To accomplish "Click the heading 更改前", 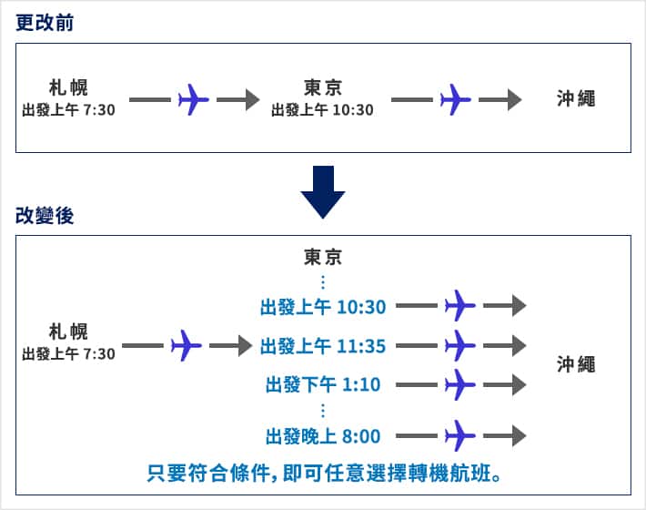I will [45, 24].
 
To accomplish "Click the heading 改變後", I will [45, 216].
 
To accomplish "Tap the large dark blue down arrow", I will [323, 191].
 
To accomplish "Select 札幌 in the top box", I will [69, 88].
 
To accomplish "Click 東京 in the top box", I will [322, 87].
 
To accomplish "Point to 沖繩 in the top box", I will [576, 98].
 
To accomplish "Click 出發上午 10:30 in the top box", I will [322, 110].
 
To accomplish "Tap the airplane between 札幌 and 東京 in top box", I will [194, 98].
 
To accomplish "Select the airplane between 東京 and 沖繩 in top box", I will [455, 98].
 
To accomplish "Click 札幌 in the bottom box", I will [69, 331].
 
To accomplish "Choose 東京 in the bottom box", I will [323, 256].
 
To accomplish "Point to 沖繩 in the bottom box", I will [576, 364].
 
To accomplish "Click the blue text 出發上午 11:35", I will [323, 345].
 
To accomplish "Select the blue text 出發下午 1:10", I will [323, 384].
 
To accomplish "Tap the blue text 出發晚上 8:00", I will [323, 435].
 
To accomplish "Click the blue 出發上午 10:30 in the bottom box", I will [323, 306].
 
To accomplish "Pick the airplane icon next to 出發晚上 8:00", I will [460, 435].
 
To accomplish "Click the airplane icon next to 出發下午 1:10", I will [460, 384].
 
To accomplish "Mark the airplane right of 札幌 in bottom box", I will [186, 345].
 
